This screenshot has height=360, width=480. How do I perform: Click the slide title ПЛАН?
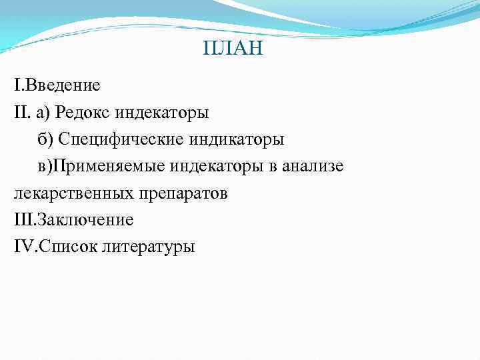pos(232,49)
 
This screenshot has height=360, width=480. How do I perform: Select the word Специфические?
pos(119,139)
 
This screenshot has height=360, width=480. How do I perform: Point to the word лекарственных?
pos(74,193)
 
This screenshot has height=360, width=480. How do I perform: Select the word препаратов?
pos(183,193)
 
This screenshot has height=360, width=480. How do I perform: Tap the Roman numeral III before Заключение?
pos(23,220)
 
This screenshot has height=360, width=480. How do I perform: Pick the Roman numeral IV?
pos(23,247)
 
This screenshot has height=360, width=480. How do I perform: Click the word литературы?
pos(149,247)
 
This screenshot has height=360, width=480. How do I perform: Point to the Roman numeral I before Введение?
pos(17,85)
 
